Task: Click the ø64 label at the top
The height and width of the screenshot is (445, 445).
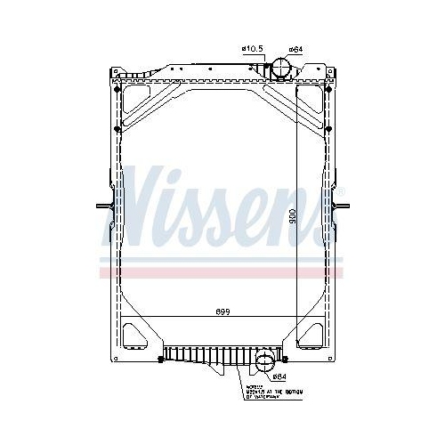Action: tap(296, 49)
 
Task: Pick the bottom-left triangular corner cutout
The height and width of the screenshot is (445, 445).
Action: tap(135, 333)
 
